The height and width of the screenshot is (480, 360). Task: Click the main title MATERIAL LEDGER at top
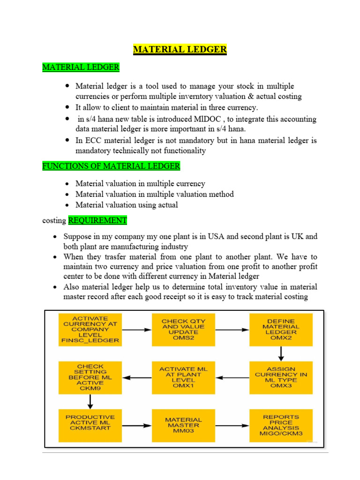(180, 49)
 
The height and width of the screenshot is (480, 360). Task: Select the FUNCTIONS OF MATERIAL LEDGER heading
(111, 166)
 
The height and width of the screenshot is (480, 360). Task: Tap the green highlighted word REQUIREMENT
(97, 220)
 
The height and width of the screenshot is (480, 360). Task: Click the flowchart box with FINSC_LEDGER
(90, 330)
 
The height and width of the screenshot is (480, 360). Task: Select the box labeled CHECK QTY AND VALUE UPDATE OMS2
(183, 330)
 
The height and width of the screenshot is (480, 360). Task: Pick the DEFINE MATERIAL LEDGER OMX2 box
(280, 330)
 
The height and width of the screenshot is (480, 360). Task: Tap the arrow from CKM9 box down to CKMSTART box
(90, 401)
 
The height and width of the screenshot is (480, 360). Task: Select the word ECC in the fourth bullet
(92, 140)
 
